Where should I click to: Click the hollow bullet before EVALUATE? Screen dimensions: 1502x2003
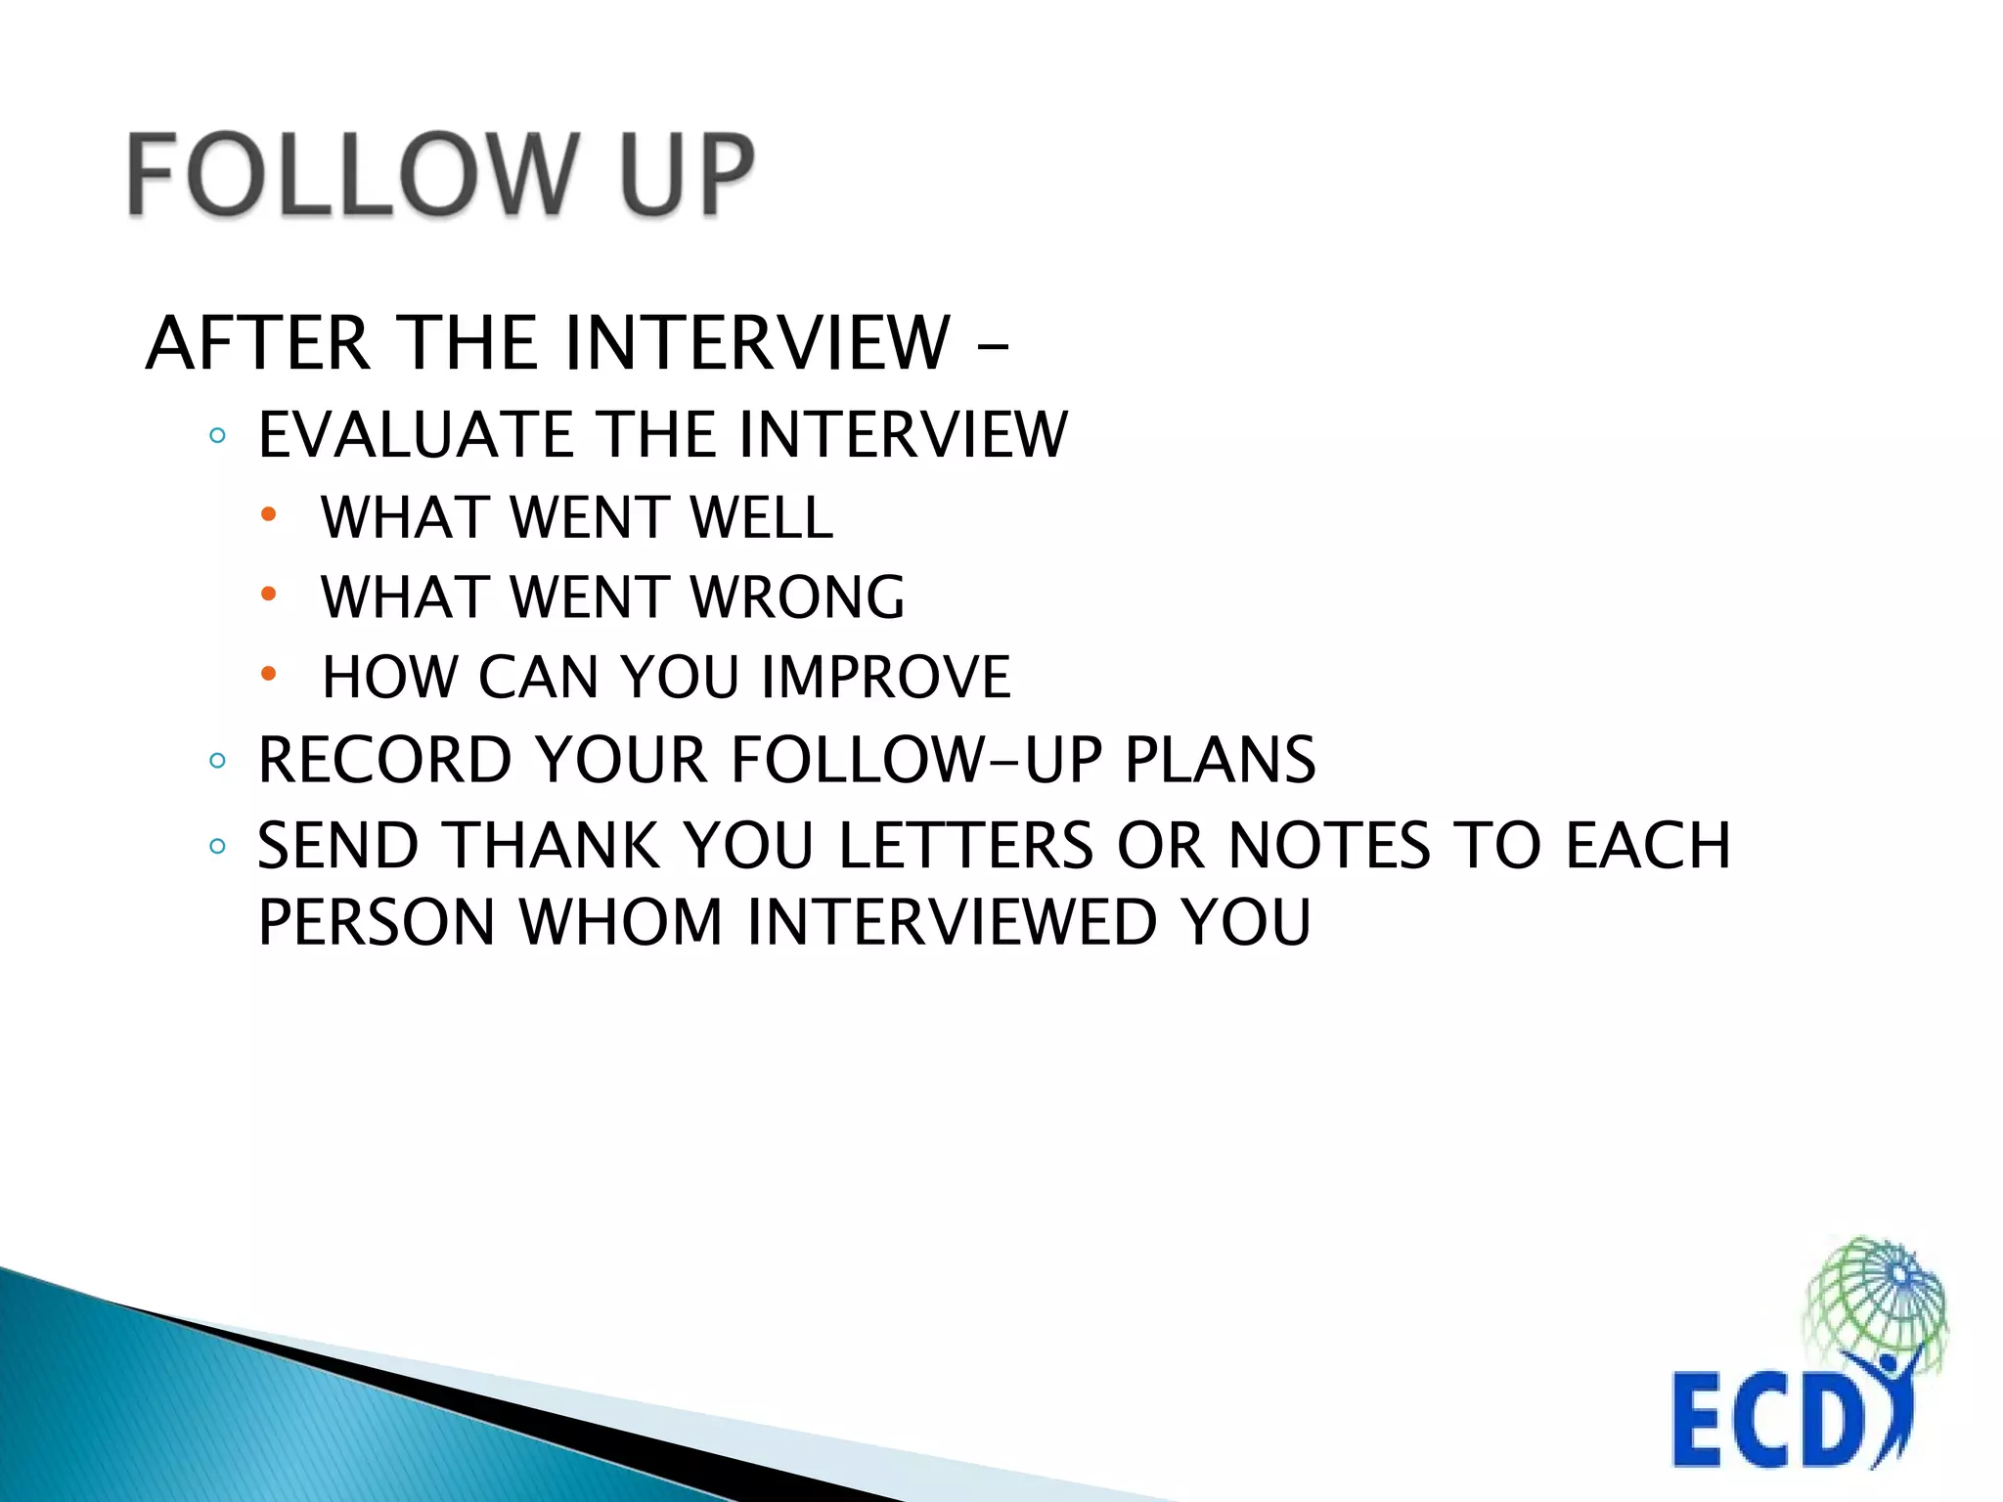click(x=217, y=435)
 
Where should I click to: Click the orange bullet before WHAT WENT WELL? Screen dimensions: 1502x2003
click(x=269, y=514)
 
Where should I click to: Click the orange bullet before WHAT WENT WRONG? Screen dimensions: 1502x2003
click(x=269, y=594)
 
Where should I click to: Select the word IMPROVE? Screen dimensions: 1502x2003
click(x=886, y=677)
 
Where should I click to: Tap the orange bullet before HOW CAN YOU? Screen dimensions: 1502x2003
click(x=269, y=674)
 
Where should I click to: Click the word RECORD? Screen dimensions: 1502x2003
click(x=384, y=760)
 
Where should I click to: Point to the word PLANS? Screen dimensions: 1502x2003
click(x=1220, y=760)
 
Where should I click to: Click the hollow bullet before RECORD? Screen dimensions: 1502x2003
click(x=217, y=760)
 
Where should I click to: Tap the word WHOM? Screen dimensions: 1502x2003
click(x=620, y=921)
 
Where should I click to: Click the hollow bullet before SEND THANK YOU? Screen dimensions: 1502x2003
click(x=217, y=846)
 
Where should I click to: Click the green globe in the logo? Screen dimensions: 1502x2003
click(x=1873, y=1296)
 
